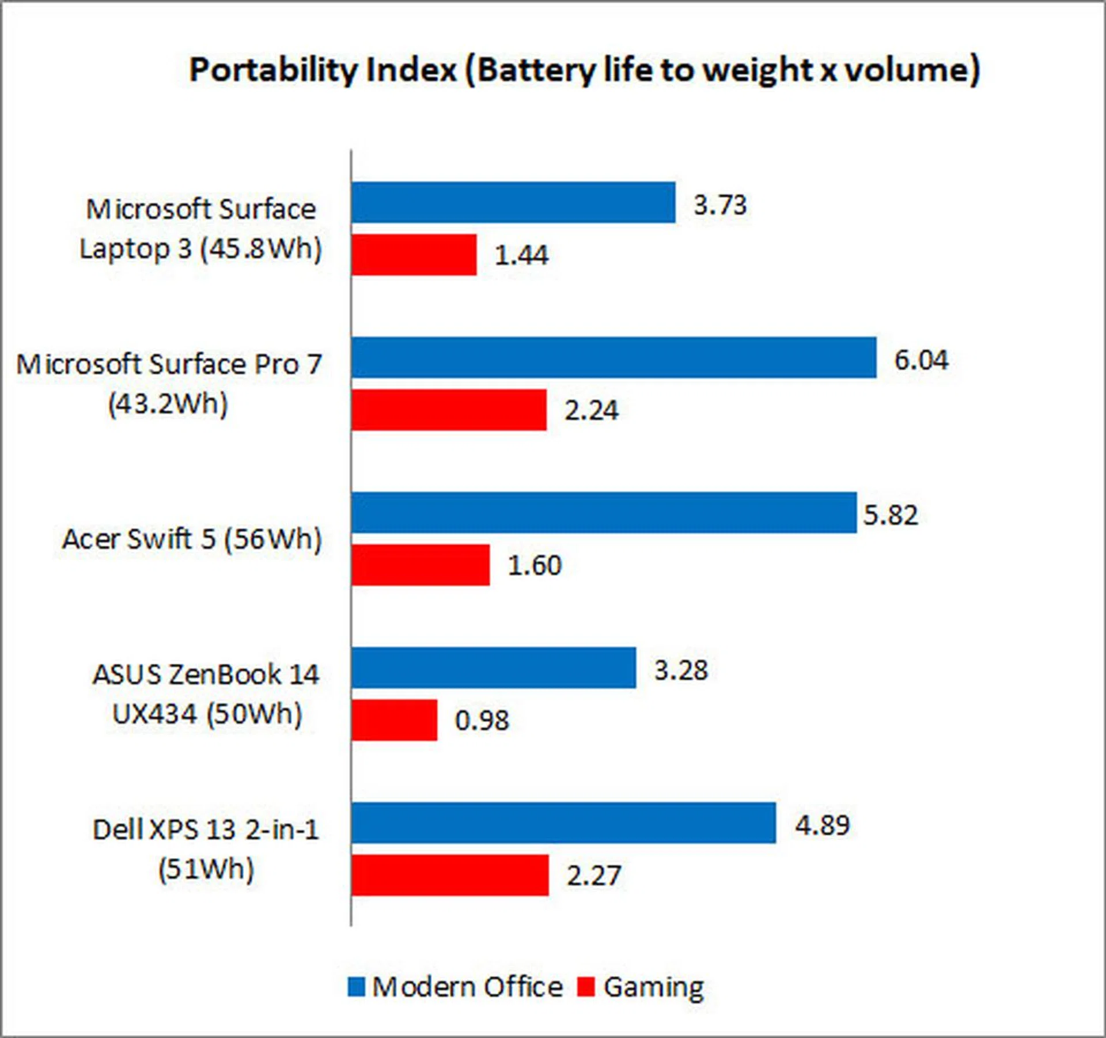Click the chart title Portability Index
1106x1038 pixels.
coord(584,70)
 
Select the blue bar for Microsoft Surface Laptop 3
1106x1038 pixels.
coord(513,202)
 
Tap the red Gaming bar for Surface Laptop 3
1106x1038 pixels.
coord(414,254)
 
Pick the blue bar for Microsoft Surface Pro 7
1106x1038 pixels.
coord(613,358)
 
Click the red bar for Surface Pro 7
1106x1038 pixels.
coord(449,410)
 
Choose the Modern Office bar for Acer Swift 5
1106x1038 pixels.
coord(604,512)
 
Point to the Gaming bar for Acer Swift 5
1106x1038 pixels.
coord(421,565)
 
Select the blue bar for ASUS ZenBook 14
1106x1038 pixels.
coord(494,668)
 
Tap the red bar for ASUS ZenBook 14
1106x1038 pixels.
coord(394,719)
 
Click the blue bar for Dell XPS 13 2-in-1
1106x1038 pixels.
coord(563,823)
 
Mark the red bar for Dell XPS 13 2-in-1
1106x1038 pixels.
coord(450,874)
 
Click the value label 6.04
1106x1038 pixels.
coord(921,360)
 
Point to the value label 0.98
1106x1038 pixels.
coord(482,720)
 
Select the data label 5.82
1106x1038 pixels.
coord(890,514)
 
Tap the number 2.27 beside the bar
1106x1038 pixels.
coord(593,876)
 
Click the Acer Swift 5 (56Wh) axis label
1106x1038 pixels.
coord(191,539)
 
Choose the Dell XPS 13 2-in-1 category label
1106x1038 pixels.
coord(206,849)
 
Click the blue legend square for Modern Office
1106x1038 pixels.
coord(356,987)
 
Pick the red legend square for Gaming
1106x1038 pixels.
coord(585,987)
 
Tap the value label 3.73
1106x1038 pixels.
coord(719,204)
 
